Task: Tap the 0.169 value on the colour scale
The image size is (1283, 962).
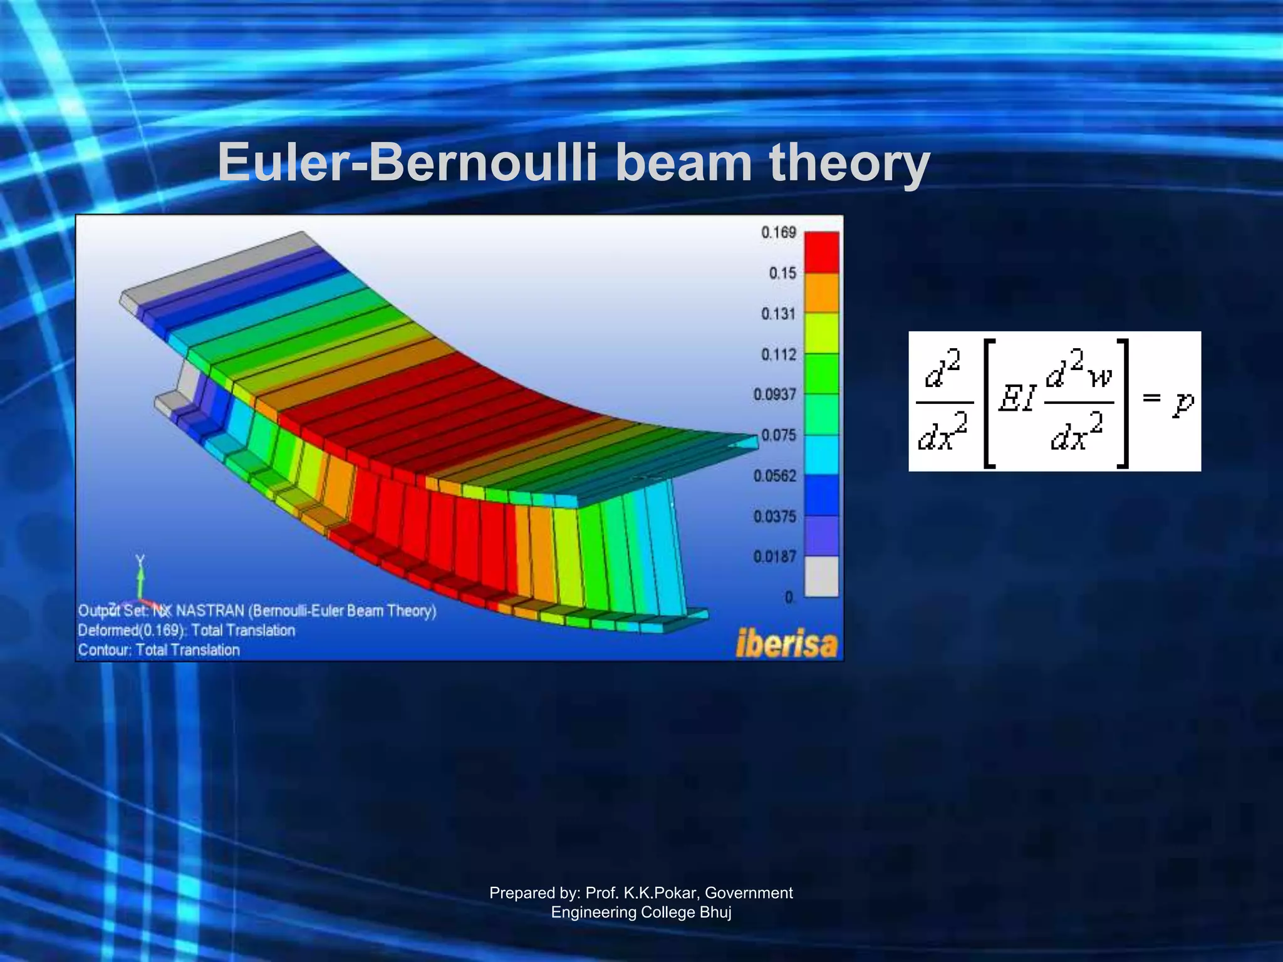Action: pos(778,232)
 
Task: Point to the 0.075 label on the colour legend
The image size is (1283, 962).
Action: pos(778,435)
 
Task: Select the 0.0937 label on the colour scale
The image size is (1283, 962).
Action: pos(774,395)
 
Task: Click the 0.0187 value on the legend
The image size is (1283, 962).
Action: pos(774,557)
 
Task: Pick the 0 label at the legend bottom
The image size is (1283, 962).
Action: pos(789,597)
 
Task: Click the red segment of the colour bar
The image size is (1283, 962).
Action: pos(821,252)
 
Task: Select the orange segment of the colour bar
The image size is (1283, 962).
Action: pos(821,292)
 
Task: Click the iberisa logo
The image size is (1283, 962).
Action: pos(786,644)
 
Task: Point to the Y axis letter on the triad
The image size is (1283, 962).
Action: pos(140,560)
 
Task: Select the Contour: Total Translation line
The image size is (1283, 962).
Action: pos(159,650)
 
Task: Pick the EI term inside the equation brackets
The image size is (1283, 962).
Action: pos(1016,398)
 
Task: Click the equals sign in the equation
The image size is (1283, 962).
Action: pos(1151,397)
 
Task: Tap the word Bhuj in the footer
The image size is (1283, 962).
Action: pos(715,912)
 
